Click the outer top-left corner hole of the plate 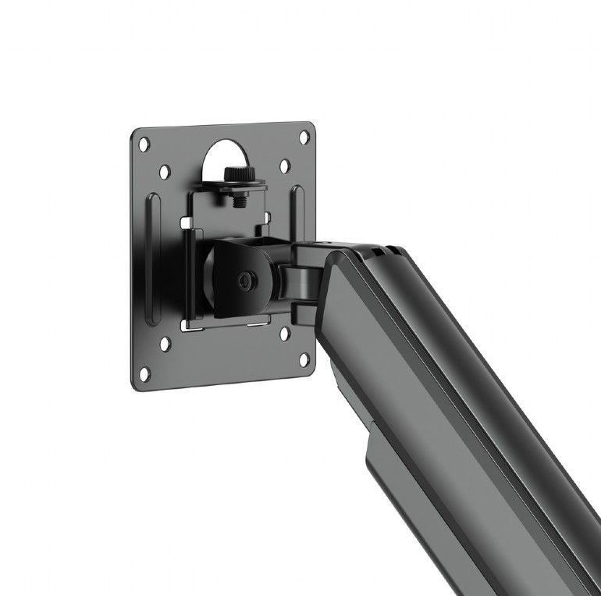(x=144, y=145)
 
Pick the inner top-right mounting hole (x=284, y=166)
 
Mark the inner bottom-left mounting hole (x=165, y=342)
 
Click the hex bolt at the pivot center (x=246, y=279)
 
